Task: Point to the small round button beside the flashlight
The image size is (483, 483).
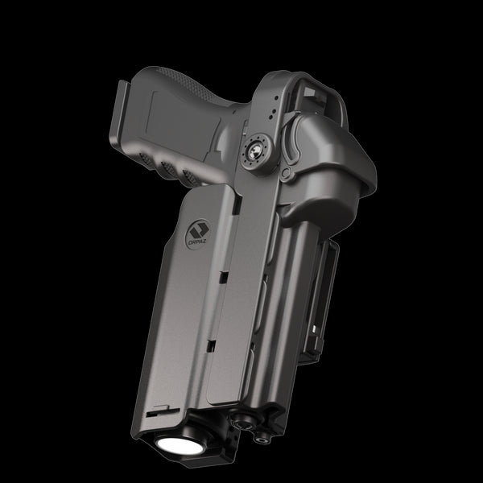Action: tap(239, 419)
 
